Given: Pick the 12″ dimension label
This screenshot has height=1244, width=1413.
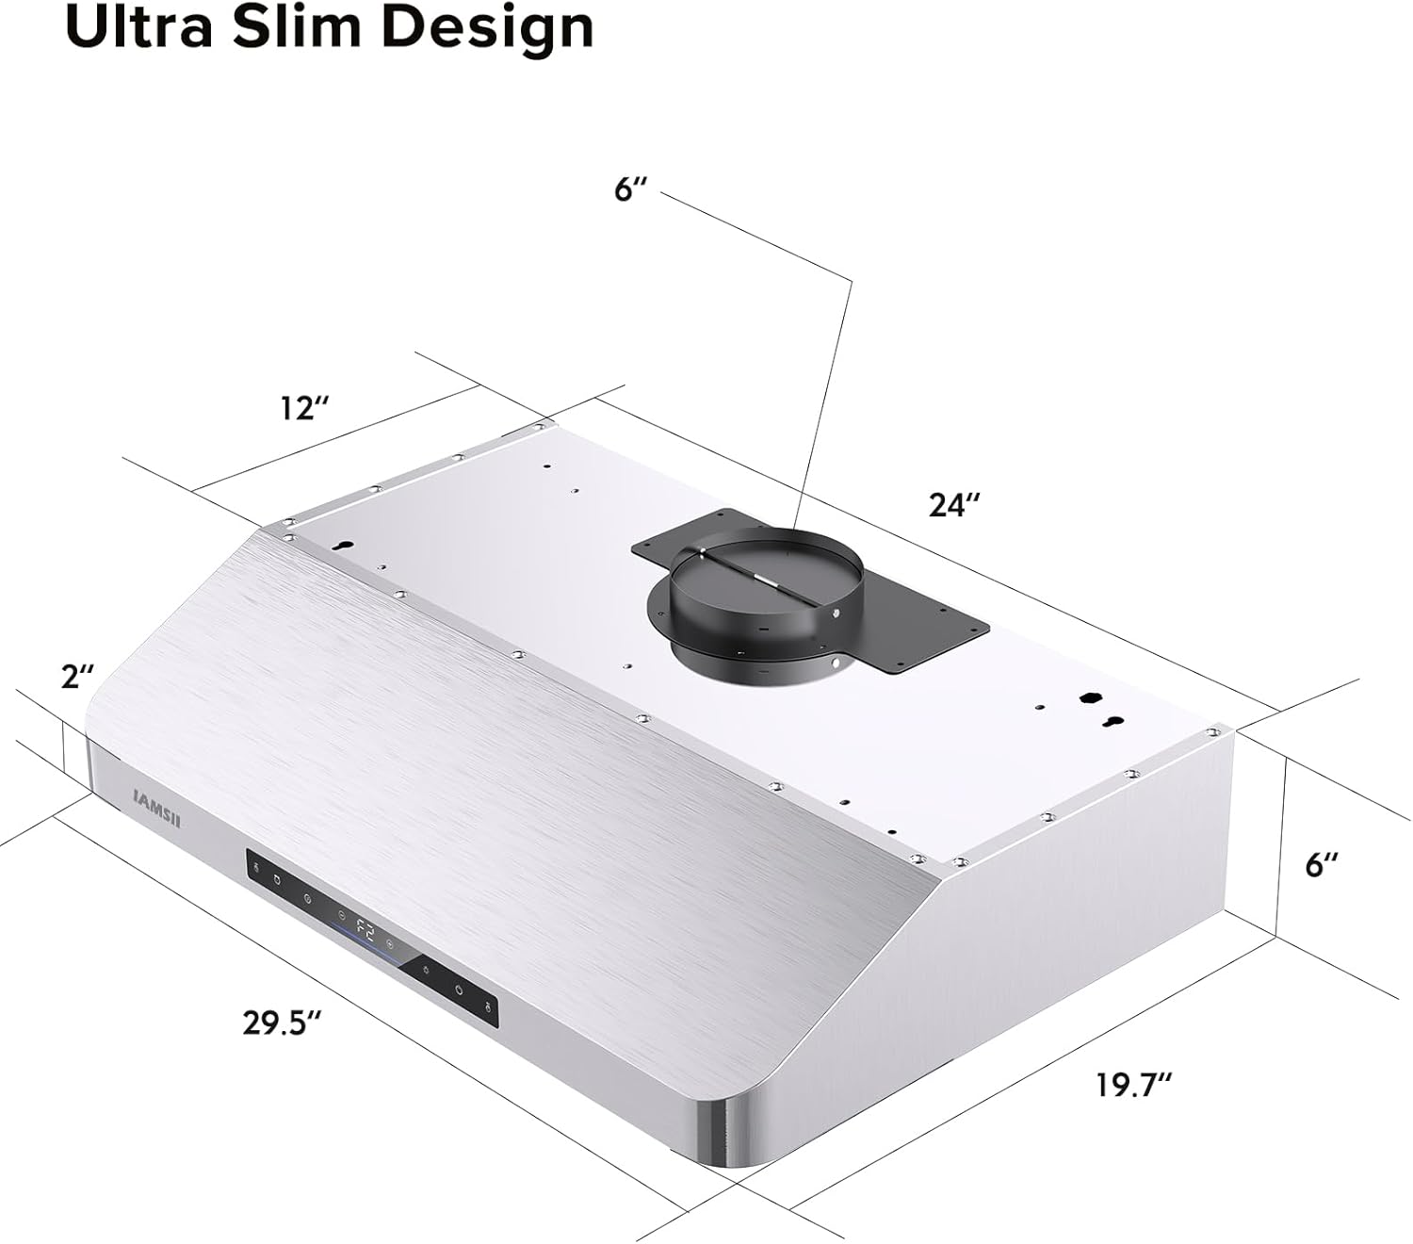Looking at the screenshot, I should click(x=304, y=408).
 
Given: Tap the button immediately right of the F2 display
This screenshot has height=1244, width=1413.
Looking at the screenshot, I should click(x=390, y=943).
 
